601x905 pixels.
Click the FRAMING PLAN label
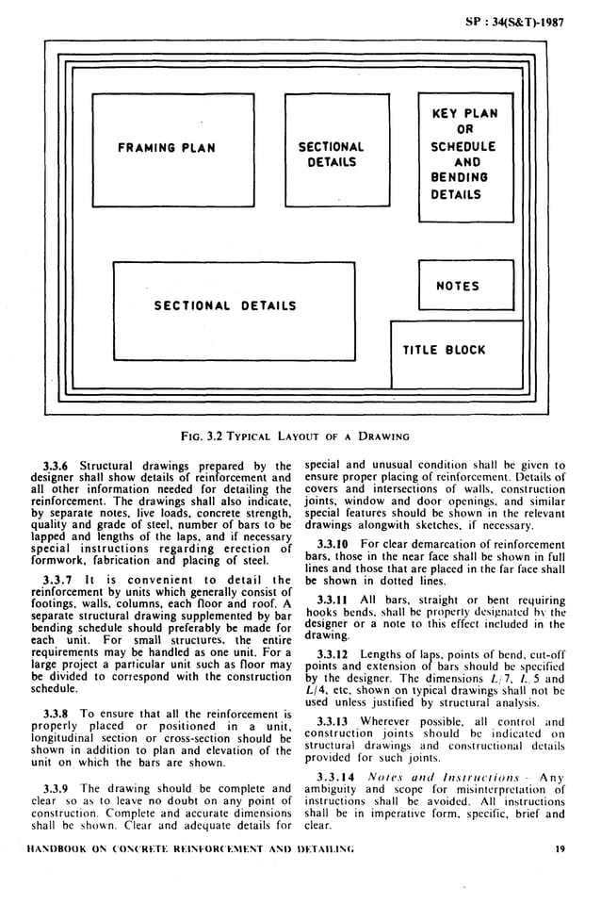pos(167,148)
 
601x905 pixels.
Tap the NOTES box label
pos(457,287)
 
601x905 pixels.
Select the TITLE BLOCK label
pos(445,351)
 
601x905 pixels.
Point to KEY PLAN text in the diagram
pos(464,114)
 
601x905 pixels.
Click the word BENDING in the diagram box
pos(457,178)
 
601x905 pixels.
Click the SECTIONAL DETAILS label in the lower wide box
pos(225,305)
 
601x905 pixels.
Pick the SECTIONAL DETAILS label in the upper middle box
pos(331,155)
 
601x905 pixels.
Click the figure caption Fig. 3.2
pos(296,436)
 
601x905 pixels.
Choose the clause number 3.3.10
pos(335,545)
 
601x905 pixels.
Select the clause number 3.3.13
pos(334,722)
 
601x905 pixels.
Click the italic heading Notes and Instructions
pos(431,777)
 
